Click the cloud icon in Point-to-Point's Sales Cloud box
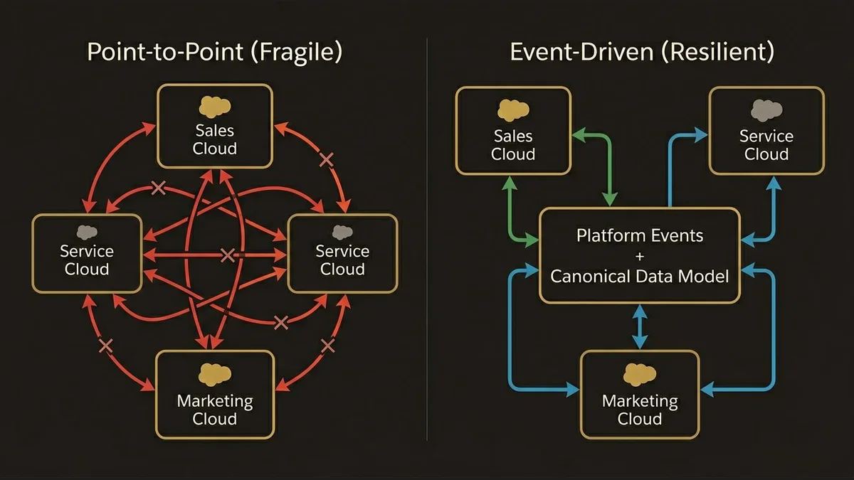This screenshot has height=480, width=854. [x=215, y=107]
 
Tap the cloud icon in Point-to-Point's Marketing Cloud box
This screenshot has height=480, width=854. [x=215, y=373]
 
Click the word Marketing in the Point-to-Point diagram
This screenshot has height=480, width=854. [x=215, y=401]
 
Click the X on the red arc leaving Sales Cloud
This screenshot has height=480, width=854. [x=327, y=160]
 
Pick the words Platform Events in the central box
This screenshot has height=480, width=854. [x=640, y=235]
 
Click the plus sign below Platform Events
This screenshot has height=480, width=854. [x=640, y=255]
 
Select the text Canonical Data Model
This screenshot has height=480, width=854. [x=640, y=276]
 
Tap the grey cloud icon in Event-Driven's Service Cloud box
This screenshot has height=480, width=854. [x=766, y=109]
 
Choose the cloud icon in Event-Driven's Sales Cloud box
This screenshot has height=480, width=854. [x=513, y=109]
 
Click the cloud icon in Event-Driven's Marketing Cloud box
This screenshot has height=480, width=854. [x=640, y=374]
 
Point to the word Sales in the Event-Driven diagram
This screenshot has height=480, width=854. [x=513, y=136]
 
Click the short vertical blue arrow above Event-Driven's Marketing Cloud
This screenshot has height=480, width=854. [x=640, y=327]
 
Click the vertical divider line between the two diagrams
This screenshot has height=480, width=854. [x=427, y=242]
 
